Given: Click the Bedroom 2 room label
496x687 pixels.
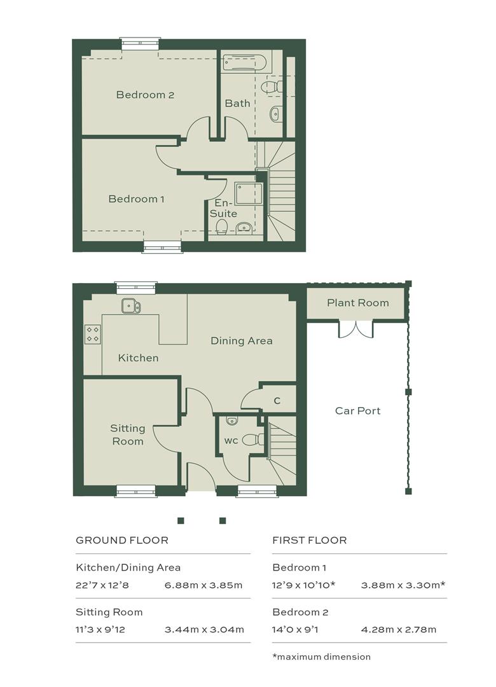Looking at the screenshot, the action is point(145,95).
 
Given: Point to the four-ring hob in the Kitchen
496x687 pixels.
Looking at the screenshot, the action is point(92,334).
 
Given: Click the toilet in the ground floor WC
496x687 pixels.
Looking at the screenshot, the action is point(254,439).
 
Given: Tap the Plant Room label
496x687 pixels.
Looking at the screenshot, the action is point(357,303).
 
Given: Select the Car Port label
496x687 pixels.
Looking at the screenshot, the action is point(357,411).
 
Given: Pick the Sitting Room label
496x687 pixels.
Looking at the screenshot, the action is point(128,434).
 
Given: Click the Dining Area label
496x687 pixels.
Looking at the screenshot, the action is point(242,341).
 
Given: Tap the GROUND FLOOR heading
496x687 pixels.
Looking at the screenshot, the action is point(122,540).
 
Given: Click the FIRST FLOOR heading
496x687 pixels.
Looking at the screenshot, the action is point(309,540).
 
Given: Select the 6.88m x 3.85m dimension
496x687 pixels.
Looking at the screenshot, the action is point(203,585).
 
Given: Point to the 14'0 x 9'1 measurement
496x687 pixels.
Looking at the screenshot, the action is point(295,630).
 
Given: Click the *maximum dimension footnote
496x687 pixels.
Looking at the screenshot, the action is point(322,656).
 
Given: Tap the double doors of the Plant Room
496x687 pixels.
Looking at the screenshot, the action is point(355,330).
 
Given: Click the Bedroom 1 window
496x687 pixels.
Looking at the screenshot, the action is point(163,247).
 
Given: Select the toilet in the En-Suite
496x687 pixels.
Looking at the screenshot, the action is point(222,226).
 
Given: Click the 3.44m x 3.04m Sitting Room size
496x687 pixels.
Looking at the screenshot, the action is point(204,630).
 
